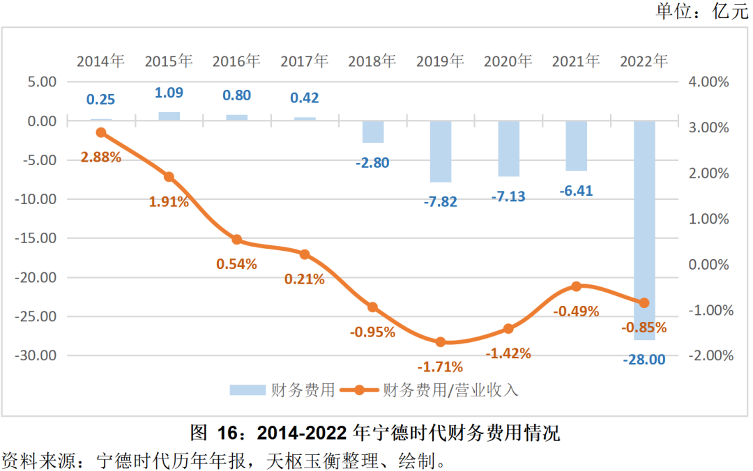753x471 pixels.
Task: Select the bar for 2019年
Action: coord(440,151)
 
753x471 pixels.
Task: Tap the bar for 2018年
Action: coord(372,132)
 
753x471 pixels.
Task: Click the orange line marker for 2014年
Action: coord(100,132)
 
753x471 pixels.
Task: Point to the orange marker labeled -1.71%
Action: coord(440,342)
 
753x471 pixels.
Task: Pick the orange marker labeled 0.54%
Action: coord(236,240)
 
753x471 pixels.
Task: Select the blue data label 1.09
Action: coord(169,93)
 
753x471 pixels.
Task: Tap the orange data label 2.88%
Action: coord(100,157)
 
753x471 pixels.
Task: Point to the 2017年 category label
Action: coord(304,61)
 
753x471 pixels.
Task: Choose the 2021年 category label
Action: coord(575,61)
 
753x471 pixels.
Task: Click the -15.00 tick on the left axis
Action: coord(37,238)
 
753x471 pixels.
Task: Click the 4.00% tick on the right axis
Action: coord(708,82)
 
